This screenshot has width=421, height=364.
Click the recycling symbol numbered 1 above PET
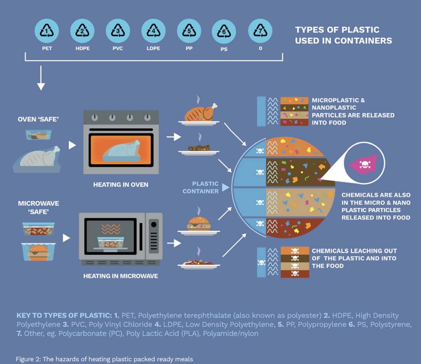pyautogui.click(x=47, y=31)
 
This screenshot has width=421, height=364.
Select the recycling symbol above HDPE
pyautogui.click(x=82, y=31)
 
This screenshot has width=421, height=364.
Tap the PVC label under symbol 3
pyautogui.click(x=118, y=48)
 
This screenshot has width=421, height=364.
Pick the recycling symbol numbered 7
pyautogui.click(x=260, y=31)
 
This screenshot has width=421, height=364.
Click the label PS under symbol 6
pyautogui.click(x=224, y=49)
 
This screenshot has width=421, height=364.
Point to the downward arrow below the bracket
pyautogui.click(x=41, y=78)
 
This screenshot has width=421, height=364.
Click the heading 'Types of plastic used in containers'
pyautogui.click(x=343, y=35)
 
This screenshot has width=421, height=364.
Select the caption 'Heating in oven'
pyautogui.click(x=121, y=185)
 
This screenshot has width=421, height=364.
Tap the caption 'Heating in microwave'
pyautogui.click(x=121, y=276)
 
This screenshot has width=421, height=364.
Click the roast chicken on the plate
pyautogui.click(x=200, y=113)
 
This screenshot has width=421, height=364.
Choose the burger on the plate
pyautogui.click(x=198, y=224)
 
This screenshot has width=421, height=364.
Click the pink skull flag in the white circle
pyautogui.click(x=363, y=164)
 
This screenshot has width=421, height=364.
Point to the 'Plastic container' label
pyautogui.click(x=201, y=187)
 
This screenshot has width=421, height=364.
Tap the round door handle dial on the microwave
pyautogui.click(x=153, y=224)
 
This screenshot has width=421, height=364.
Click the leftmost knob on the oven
pyautogui.click(x=94, y=117)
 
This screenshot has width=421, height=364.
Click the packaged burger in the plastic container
pyautogui.click(x=38, y=252)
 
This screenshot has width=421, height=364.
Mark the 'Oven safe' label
pyautogui.click(x=38, y=119)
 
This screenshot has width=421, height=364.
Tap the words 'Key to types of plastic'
pyautogui.click(x=64, y=315)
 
